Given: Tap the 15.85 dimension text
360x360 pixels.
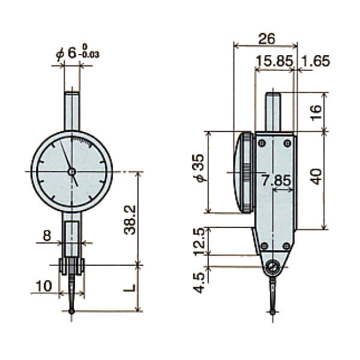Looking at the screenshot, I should [x=273, y=61].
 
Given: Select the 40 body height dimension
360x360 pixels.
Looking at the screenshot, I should [x=317, y=176].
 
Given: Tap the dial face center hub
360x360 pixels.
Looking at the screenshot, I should [x=72, y=172].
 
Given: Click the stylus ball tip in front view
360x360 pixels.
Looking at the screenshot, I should [x=72, y=311].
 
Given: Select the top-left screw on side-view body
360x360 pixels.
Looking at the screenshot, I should [x=262, y=143].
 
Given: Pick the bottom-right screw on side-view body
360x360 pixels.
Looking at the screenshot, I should [x=287, y=245].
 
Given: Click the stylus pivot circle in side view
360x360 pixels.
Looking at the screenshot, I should [x=274, y=266].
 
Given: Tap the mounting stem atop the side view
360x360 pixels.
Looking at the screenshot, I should [x=273, y=111].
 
